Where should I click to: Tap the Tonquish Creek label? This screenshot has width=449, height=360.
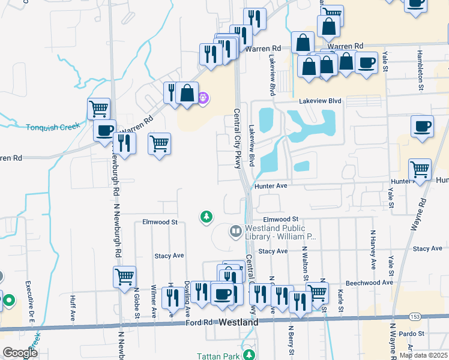[52, 127]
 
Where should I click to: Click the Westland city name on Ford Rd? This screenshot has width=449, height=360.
[238, 322]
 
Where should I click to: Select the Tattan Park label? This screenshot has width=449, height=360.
[225, 355]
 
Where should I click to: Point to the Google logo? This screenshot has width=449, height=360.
[20, 352]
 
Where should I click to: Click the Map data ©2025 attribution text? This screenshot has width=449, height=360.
[423, 355]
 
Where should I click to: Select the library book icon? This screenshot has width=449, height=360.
[237, 231]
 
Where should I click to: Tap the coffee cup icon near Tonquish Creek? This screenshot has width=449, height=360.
[104, 130]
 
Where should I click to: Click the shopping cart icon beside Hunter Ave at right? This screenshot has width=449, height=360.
[420, 168]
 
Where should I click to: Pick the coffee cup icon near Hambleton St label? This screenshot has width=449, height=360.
[422, 126]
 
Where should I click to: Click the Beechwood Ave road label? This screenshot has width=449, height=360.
[369, 283]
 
